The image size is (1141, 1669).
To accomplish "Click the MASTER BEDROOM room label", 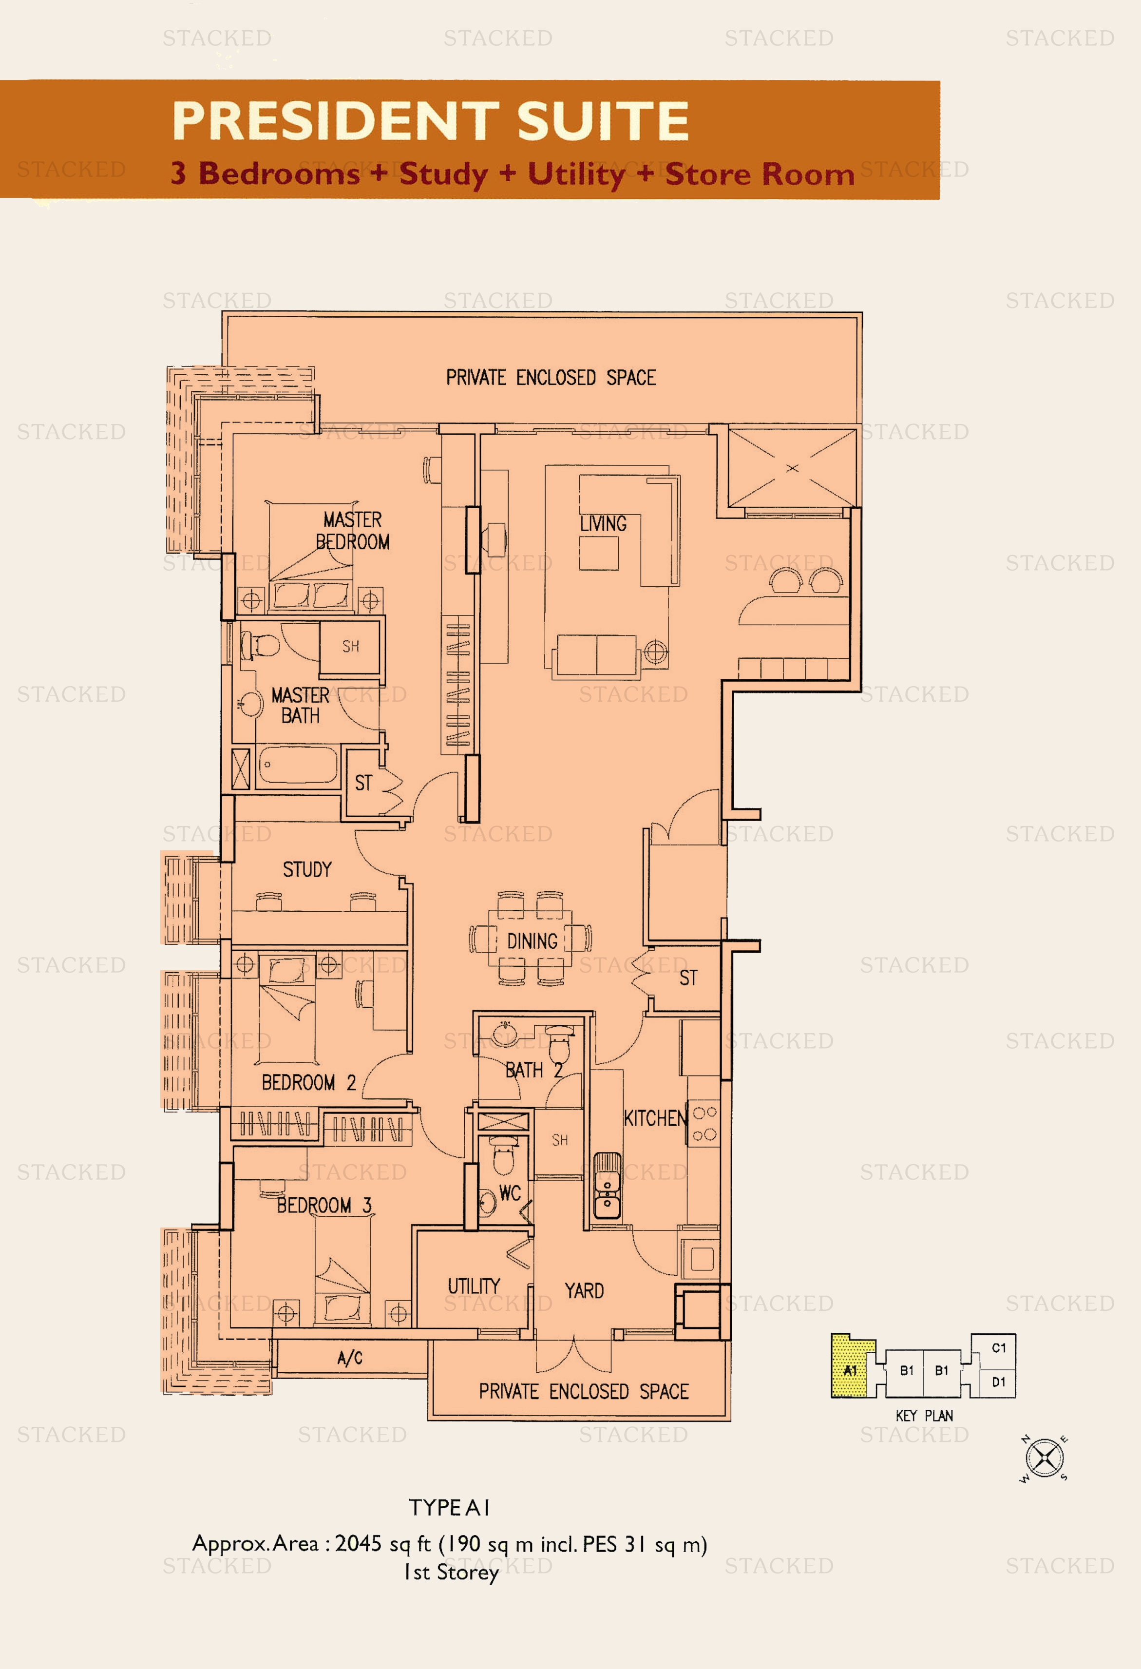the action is tap(353, 530).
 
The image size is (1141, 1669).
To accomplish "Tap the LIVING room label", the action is tap(603, 523).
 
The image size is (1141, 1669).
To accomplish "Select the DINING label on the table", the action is tap(532, 941).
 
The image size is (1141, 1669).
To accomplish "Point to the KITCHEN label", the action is tap(655, 1118).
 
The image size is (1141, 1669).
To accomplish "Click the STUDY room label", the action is tap(307, 870).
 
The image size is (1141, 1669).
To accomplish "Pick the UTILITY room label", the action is tap(474, 1285).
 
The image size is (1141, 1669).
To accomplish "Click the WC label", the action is tap(510, 1193).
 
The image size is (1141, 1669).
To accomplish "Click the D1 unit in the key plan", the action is tap(998, 1381).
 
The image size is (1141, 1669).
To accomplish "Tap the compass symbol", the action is tap(1045, 1458).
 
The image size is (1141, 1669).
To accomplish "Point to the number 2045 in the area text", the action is tap(358, 1543).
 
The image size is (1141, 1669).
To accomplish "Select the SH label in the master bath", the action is tap(350, 646).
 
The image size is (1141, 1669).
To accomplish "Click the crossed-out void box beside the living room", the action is tap(792, 468).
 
